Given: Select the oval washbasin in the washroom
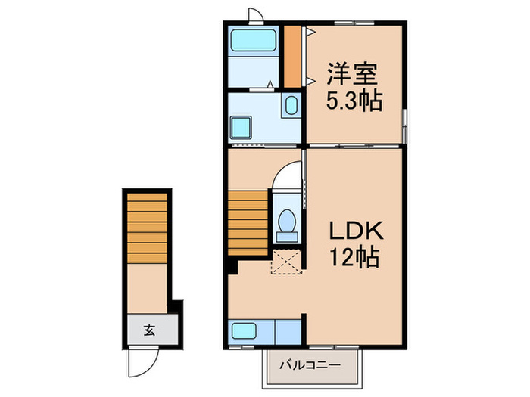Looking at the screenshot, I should click(x=291, y=107).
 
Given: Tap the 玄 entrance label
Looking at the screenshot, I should click(x=150, y=330).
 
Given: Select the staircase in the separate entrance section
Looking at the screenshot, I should click(x=145, y=227).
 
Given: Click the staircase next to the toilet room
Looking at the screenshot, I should click(x=248, y=223).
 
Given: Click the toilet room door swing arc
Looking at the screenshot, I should click(x=286, y=175).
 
